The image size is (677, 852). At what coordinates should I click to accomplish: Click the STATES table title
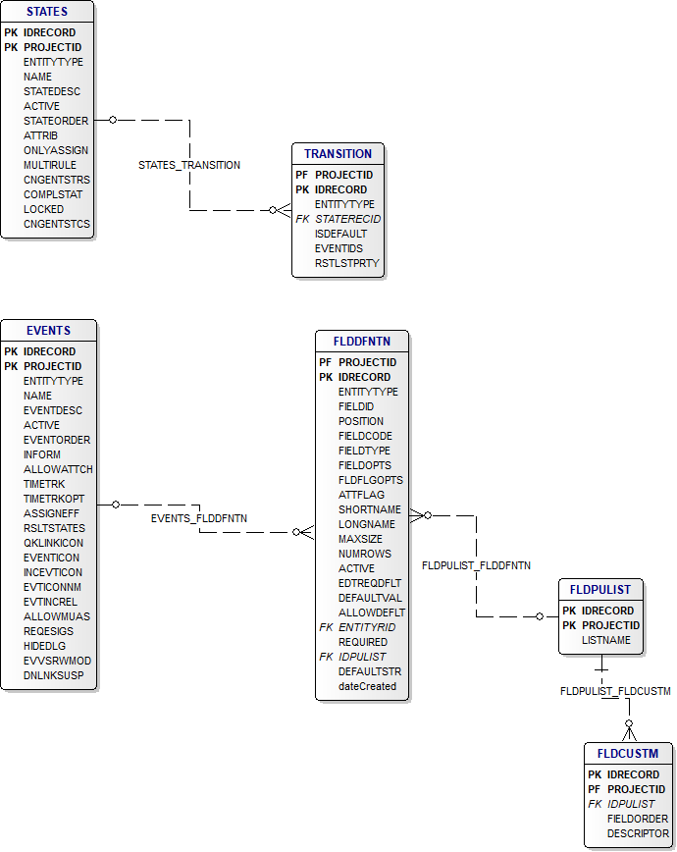47,12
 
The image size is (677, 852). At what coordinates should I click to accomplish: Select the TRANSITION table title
338,154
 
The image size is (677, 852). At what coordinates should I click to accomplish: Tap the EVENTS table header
48,331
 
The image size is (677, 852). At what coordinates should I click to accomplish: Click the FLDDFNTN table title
362,342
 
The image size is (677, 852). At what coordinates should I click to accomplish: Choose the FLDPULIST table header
600,590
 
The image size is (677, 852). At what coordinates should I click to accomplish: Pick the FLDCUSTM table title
622,754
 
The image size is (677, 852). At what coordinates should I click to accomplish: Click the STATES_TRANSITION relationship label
189,165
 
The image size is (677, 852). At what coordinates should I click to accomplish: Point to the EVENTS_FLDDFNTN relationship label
199,517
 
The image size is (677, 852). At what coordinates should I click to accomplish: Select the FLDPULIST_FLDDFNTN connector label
476,565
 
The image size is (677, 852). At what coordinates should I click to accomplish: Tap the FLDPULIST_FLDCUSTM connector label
615,691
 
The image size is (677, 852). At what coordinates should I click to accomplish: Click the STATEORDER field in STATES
56,121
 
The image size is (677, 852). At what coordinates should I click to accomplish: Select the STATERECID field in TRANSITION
347,219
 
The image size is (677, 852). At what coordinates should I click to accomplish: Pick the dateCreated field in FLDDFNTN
367,686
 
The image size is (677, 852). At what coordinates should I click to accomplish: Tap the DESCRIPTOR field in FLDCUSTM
638,833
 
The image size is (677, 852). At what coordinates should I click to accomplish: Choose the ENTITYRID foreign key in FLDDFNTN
367,627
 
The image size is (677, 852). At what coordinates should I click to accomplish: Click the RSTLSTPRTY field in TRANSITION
346,263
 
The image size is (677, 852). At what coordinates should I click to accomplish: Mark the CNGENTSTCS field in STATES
57,224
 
